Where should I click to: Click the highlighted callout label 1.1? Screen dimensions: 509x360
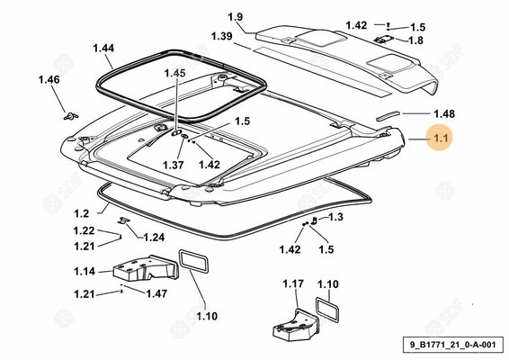click(441, 138)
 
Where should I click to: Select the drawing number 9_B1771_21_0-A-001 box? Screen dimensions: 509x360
click(453, 345)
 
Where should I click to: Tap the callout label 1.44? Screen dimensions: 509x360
click(103, 48)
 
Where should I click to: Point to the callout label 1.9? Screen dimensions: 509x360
click(236, 17)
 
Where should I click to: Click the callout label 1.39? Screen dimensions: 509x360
click(222, 36)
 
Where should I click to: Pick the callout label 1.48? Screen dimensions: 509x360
click(444, 113)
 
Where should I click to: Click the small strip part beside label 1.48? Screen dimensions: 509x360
click(388, 116)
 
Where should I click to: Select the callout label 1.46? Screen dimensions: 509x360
click(49, 79)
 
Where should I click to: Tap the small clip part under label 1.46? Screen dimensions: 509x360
click(71, 116)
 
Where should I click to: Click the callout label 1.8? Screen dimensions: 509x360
click(415, 40)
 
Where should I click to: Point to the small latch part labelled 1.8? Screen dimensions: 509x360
click(384, 40)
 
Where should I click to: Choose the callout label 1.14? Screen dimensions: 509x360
click(85, 271)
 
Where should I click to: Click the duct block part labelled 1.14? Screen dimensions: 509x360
click(146, 268)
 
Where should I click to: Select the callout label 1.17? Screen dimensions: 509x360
click(293, 283)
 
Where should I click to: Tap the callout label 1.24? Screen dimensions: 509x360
click(154, 238)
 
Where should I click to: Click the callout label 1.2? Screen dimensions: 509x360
click(81, 213)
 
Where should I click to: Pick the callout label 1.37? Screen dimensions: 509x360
click(174, 165)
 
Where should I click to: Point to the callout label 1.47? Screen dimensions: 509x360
click(156, 293)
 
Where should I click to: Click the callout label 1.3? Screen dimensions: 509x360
click(335, 217)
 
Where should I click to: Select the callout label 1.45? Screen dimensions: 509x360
click(175, 73)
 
